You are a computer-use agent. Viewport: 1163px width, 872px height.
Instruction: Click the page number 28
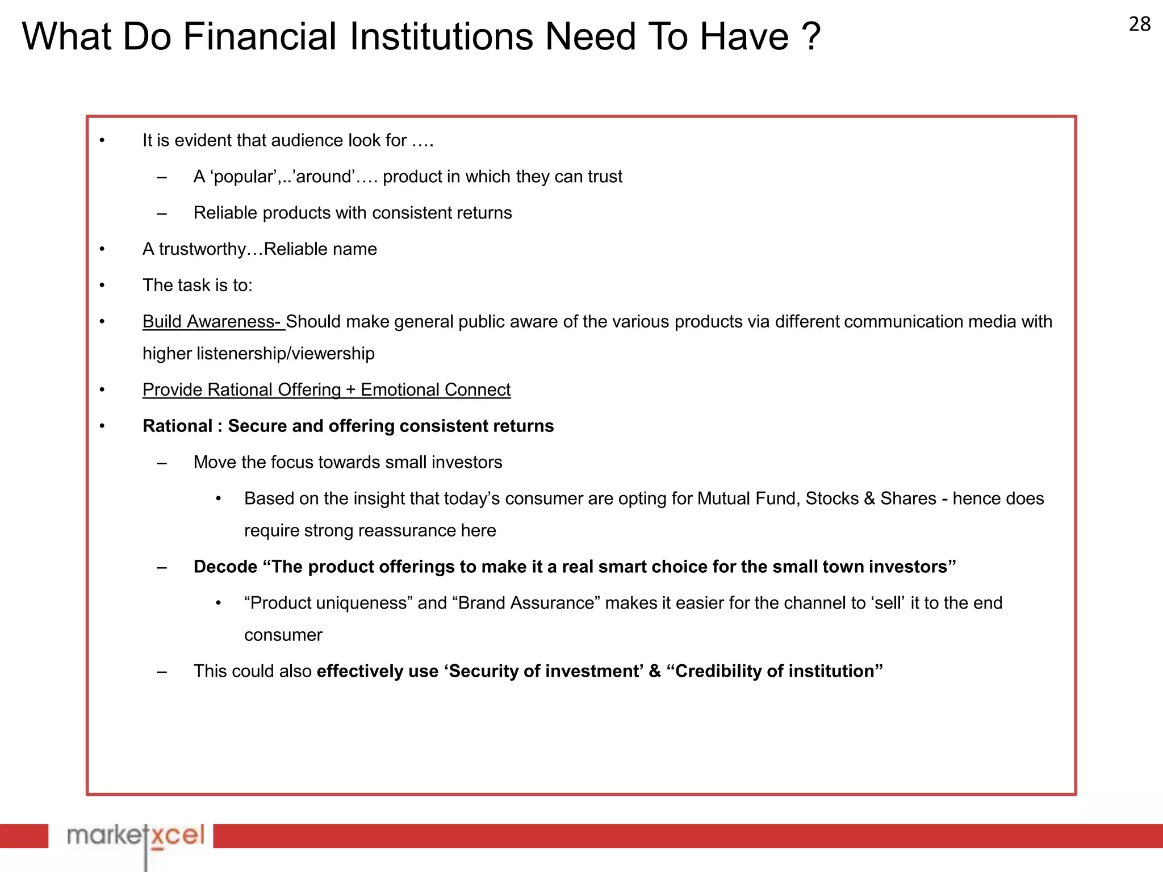coord(1139,24)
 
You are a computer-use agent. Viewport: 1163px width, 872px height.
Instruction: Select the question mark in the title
coord(811,37)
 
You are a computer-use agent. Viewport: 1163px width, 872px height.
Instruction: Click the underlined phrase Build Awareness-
coord(212,322)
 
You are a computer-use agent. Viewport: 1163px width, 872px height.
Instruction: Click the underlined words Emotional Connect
coord(436,390)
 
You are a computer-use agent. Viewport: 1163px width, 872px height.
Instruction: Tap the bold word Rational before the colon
coord(177,426)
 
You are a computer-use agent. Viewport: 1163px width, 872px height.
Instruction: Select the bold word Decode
coord(225,567)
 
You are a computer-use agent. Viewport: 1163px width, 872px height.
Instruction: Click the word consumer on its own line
coord(283,635)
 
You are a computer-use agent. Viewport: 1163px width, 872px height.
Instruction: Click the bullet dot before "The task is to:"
coord(102,286)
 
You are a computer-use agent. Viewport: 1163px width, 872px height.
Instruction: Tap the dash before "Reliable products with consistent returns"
coord(162,213)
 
